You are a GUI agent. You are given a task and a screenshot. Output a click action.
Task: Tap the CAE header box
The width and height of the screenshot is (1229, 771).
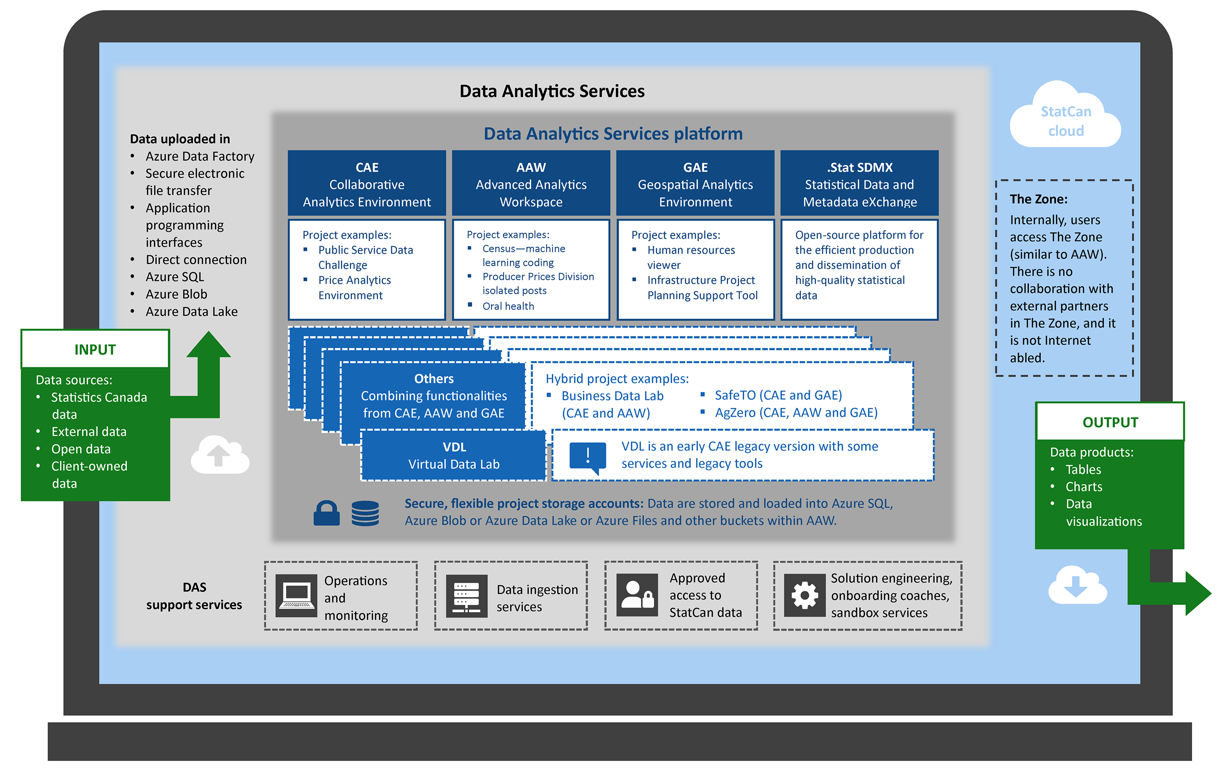[367, 183]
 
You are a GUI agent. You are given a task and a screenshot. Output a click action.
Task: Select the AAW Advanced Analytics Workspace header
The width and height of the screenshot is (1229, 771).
[531, 183]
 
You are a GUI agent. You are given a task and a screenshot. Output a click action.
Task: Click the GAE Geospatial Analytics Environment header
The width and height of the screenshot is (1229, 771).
[695, 183]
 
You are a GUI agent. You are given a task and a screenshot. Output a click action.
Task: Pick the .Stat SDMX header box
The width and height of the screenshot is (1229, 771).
[859, 183]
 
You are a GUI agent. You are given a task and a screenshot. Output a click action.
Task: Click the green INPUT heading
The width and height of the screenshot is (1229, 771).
[95, 349]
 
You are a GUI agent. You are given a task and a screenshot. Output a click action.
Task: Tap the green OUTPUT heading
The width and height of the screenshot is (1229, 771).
[1109, 422]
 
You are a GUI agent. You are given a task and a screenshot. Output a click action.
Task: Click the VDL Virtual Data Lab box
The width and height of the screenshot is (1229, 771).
[453, 455]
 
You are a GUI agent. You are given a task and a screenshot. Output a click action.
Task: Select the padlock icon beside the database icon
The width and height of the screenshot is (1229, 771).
[326, 513]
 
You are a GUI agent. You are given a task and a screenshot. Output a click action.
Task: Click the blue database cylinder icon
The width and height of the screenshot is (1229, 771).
[365, 513]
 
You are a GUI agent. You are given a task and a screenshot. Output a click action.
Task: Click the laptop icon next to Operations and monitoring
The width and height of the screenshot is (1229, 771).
[296, 595]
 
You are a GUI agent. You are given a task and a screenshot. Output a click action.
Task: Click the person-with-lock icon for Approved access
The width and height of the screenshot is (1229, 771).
[637, 595]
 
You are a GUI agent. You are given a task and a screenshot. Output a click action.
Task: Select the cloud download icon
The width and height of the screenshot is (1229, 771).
[1076, 585]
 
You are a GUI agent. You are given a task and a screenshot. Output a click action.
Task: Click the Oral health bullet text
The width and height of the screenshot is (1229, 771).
[508, 306]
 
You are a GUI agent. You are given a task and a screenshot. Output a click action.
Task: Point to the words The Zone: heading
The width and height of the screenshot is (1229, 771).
[1038, 199]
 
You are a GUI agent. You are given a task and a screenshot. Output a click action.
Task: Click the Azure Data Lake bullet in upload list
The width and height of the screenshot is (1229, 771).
[191, 311]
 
